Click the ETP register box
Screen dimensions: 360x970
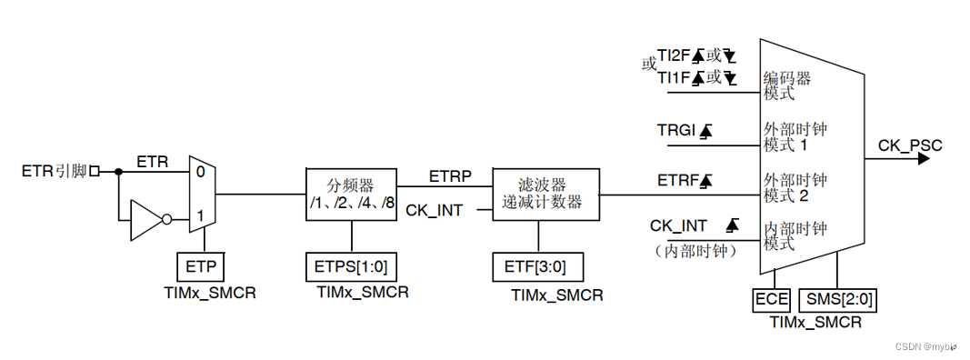[200, 267]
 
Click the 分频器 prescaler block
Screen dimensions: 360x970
[351, 193]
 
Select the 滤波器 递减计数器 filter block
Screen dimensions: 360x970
[545, 193]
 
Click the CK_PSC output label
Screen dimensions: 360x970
[910, 145]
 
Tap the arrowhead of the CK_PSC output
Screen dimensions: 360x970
[924, 158]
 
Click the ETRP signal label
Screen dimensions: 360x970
[450, 176]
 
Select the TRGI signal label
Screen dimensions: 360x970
[675, 131]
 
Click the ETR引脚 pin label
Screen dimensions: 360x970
[54, 170]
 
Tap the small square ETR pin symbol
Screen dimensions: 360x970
[94, 170]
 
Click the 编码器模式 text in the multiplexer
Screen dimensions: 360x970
[785, 85]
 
